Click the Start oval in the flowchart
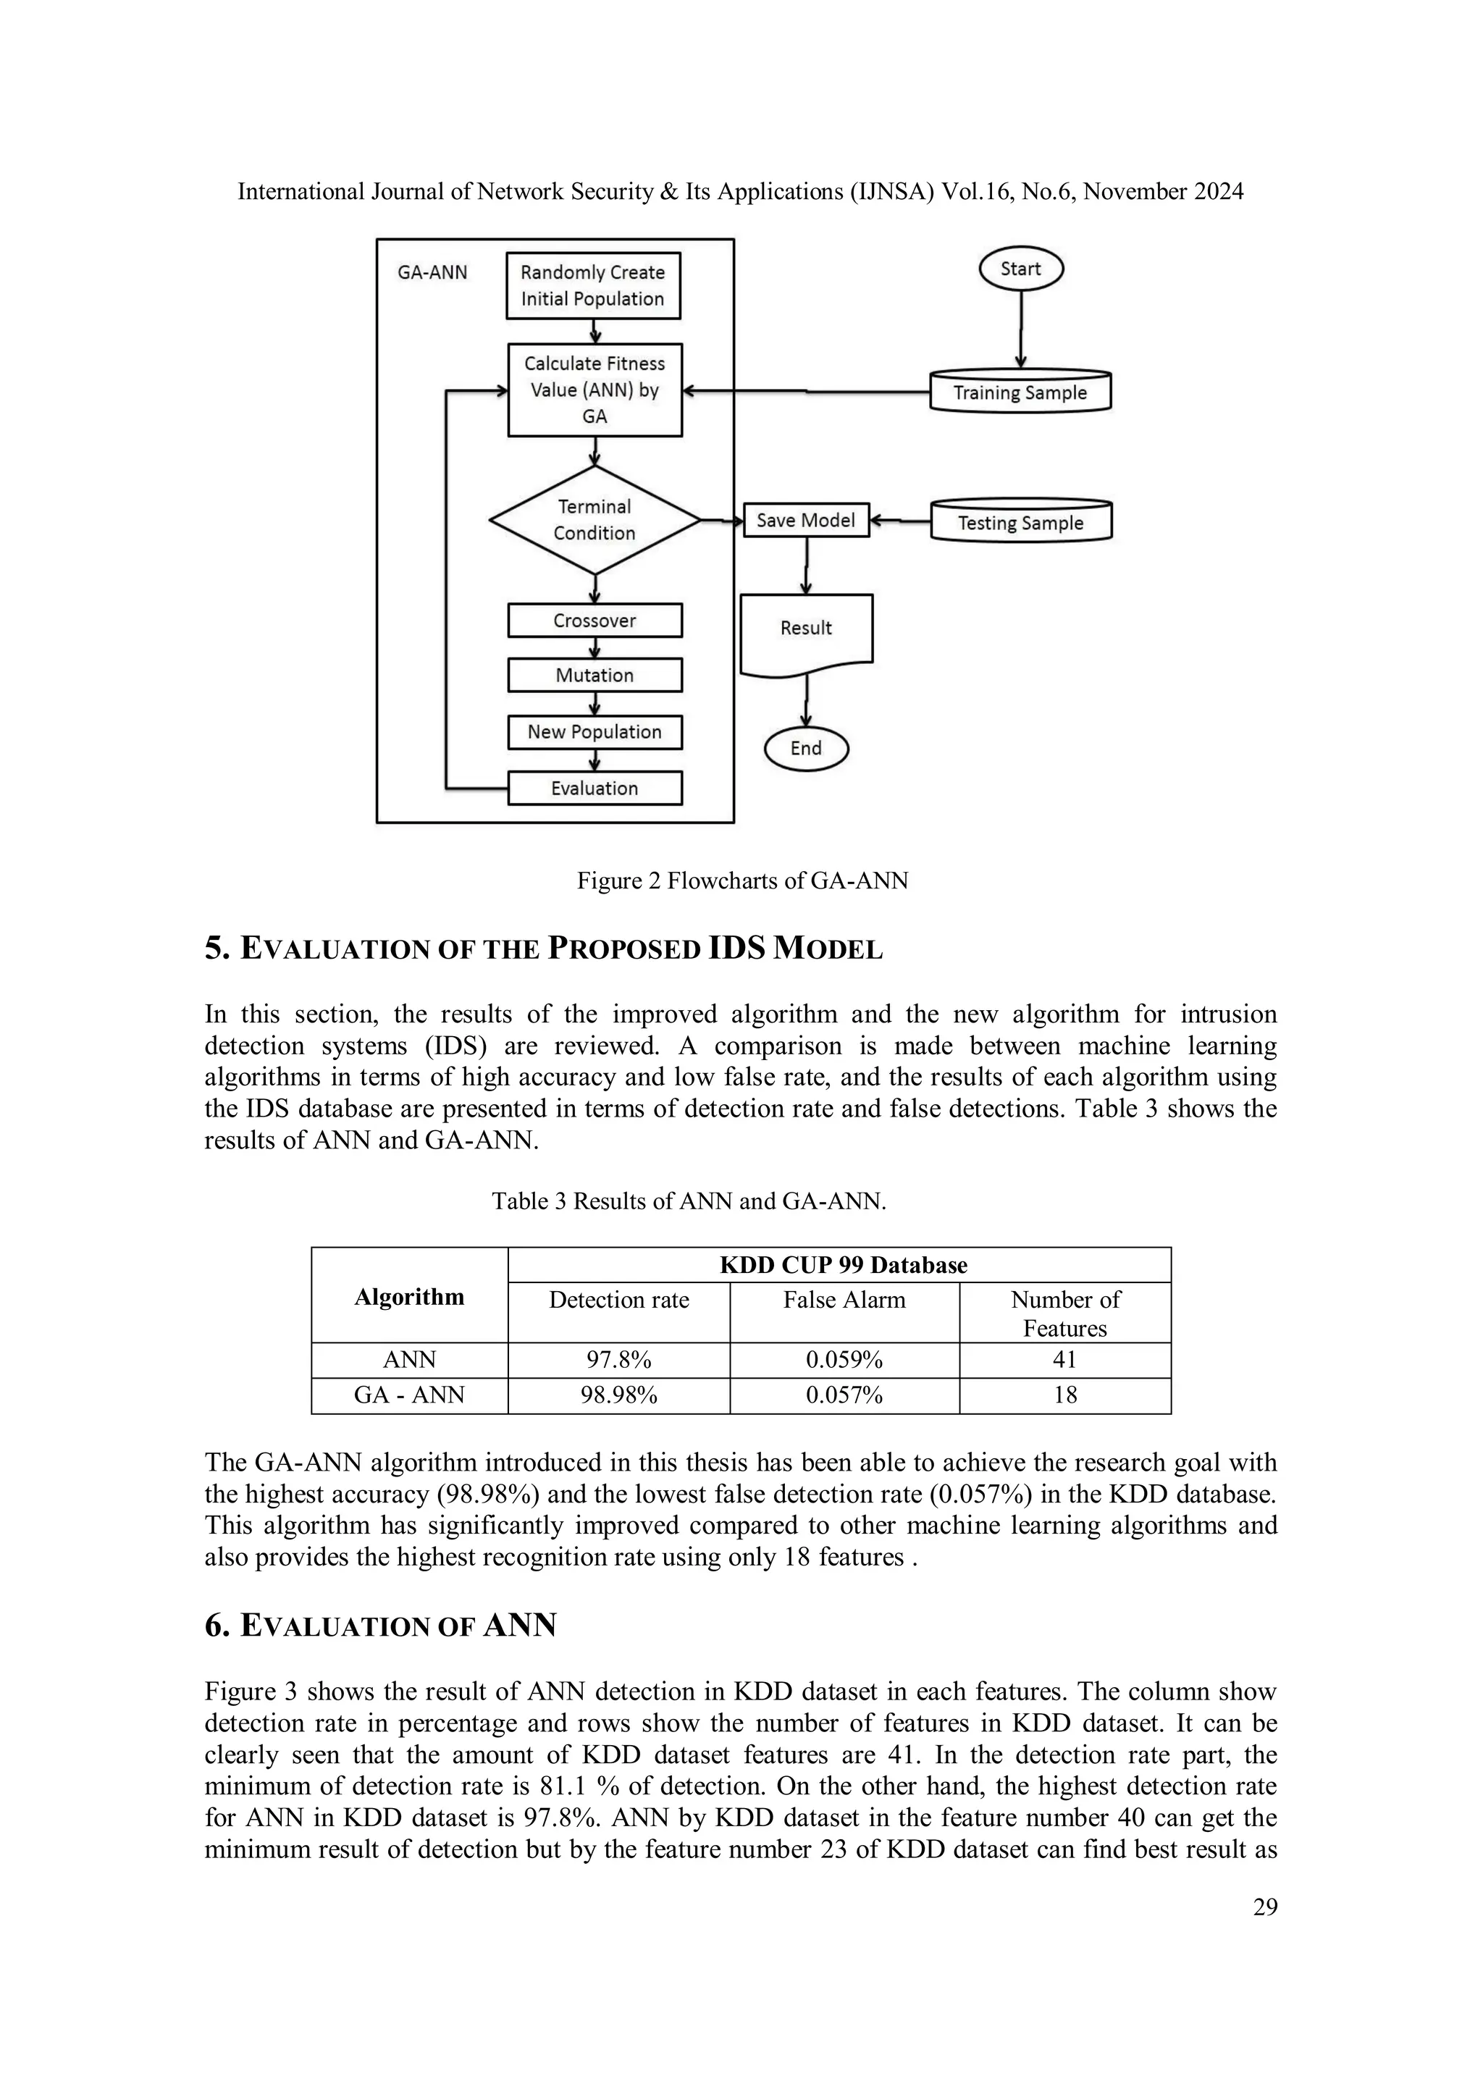1020,269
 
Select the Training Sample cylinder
1020,392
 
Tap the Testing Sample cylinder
1020,522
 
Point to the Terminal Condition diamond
595,520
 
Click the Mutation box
595,675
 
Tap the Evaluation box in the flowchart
595,789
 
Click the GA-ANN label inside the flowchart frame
432,272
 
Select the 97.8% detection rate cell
618,1360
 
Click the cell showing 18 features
1064,1395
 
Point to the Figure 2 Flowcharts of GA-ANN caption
741,881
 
